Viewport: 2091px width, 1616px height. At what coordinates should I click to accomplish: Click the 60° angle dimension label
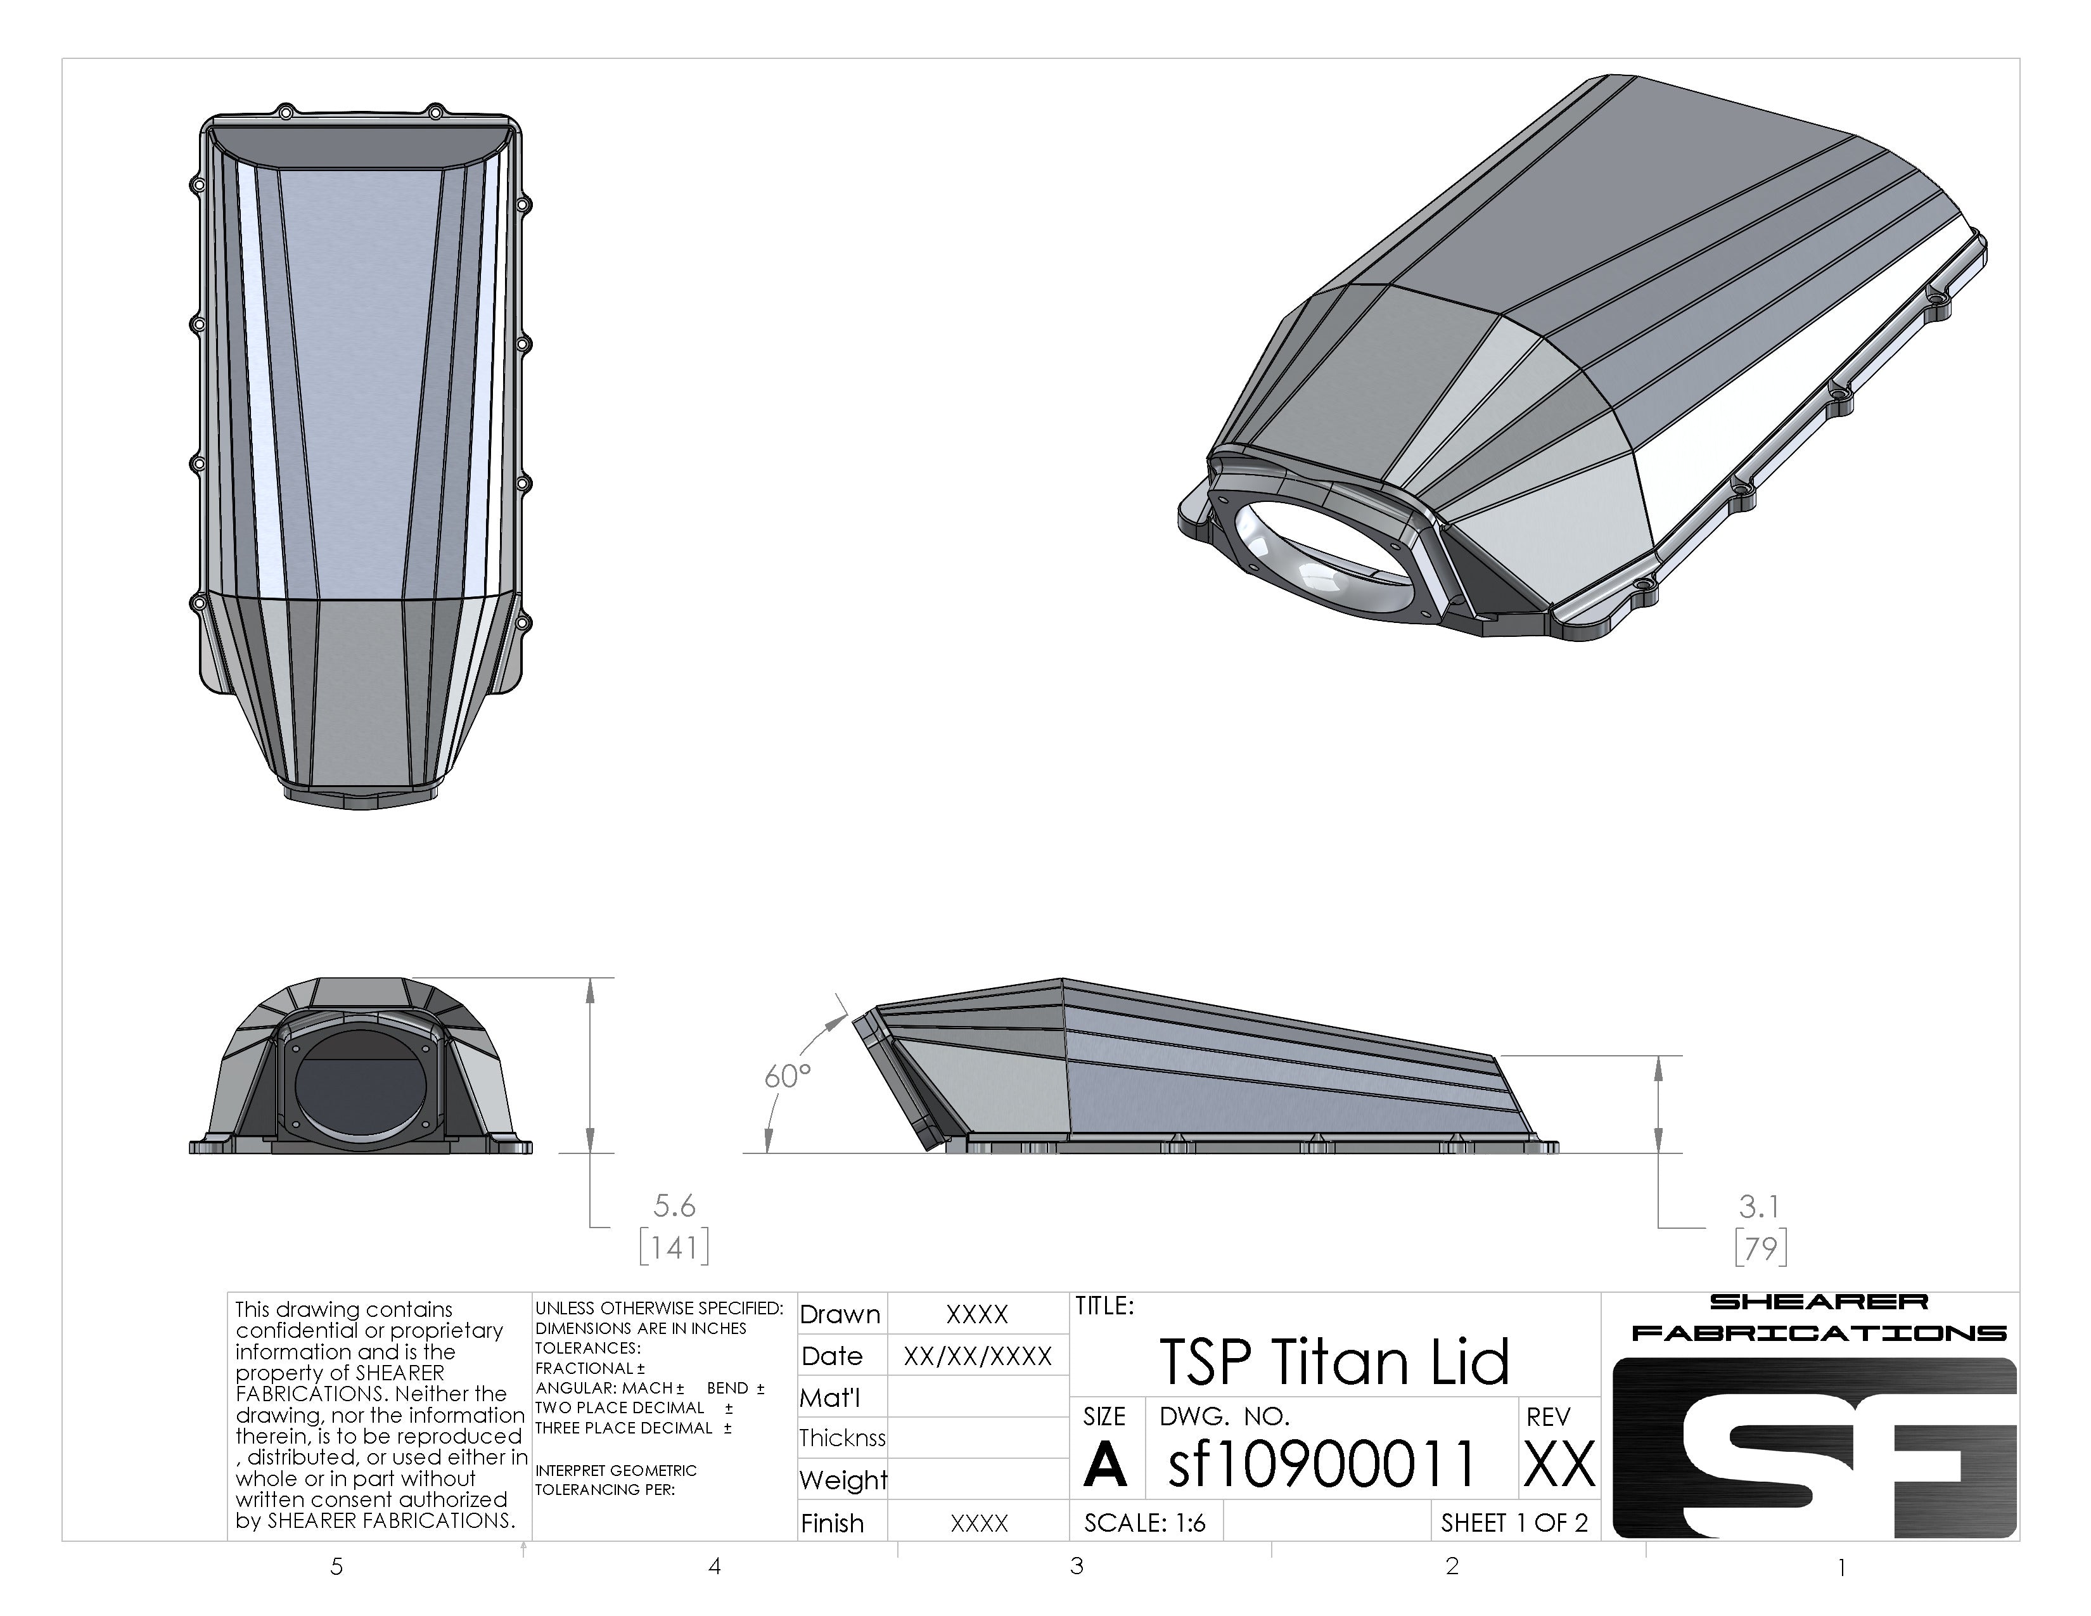tap(787, 1076)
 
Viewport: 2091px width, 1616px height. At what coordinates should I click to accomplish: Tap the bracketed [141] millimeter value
tap(674, 1247)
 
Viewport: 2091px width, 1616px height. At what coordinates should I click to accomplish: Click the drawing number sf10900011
tap(1321, 1464)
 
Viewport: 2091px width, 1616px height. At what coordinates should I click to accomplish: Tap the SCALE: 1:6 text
tap(1144, 1522)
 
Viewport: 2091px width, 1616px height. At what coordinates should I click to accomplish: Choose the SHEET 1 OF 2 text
tap(1514, 1522)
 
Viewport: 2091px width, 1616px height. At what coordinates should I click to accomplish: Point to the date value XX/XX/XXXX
tap(978, 1356)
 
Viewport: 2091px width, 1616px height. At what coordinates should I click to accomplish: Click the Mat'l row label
tap(830, 1398)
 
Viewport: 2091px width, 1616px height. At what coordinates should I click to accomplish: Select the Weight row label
tap(843, 1480)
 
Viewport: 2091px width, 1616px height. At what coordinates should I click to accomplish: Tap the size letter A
tap(1105, 1465)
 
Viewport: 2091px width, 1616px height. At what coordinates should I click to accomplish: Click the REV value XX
tap(1559, 1465)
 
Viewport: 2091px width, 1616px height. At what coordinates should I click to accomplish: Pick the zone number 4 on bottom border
tap(714, 1566)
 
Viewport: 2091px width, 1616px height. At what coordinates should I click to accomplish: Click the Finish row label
tap(832, 1523)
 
